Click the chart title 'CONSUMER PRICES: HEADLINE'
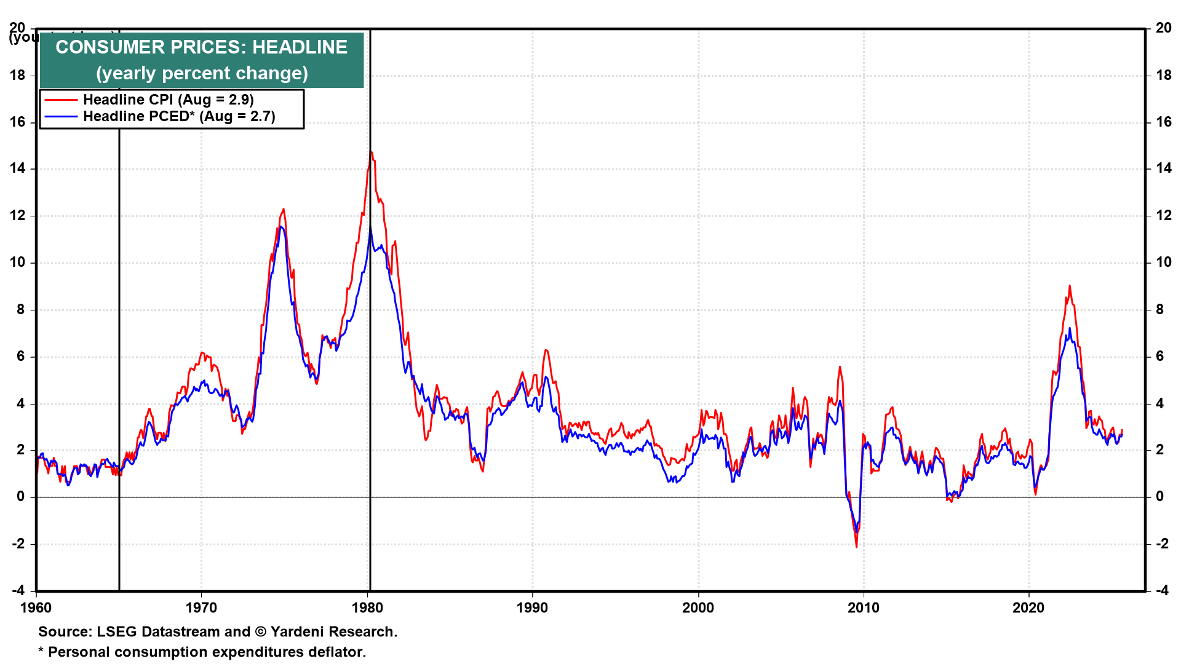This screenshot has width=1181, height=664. [x=201, y=47]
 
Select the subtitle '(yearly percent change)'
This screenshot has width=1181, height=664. [x=201, y=73]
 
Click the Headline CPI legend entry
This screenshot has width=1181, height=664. [x=168, y=100]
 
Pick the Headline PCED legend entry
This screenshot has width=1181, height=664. [x=178, y=116]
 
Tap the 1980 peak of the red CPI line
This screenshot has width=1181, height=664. [x=370, y=152]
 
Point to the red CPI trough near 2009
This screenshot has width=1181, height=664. [x=856, y=547]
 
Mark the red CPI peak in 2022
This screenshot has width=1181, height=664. [x=1070, y=286]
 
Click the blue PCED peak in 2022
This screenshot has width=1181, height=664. [x=1070, y=328]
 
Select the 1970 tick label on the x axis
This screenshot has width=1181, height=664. [x=201, y=608]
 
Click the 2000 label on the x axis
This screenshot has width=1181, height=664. [x=698, y=608]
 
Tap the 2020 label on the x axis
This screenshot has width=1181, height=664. [x=1028, y=608]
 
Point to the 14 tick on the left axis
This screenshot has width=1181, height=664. [x=17, y=168]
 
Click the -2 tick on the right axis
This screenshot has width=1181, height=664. [x=1162, y=543]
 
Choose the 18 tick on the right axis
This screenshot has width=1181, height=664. [x=1164, y=75]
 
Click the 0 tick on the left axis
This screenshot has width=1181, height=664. [x=21, y=497]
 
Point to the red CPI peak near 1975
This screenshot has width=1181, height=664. [x=283, y=210]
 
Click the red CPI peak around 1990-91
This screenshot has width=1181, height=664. [x=546, y=350]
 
